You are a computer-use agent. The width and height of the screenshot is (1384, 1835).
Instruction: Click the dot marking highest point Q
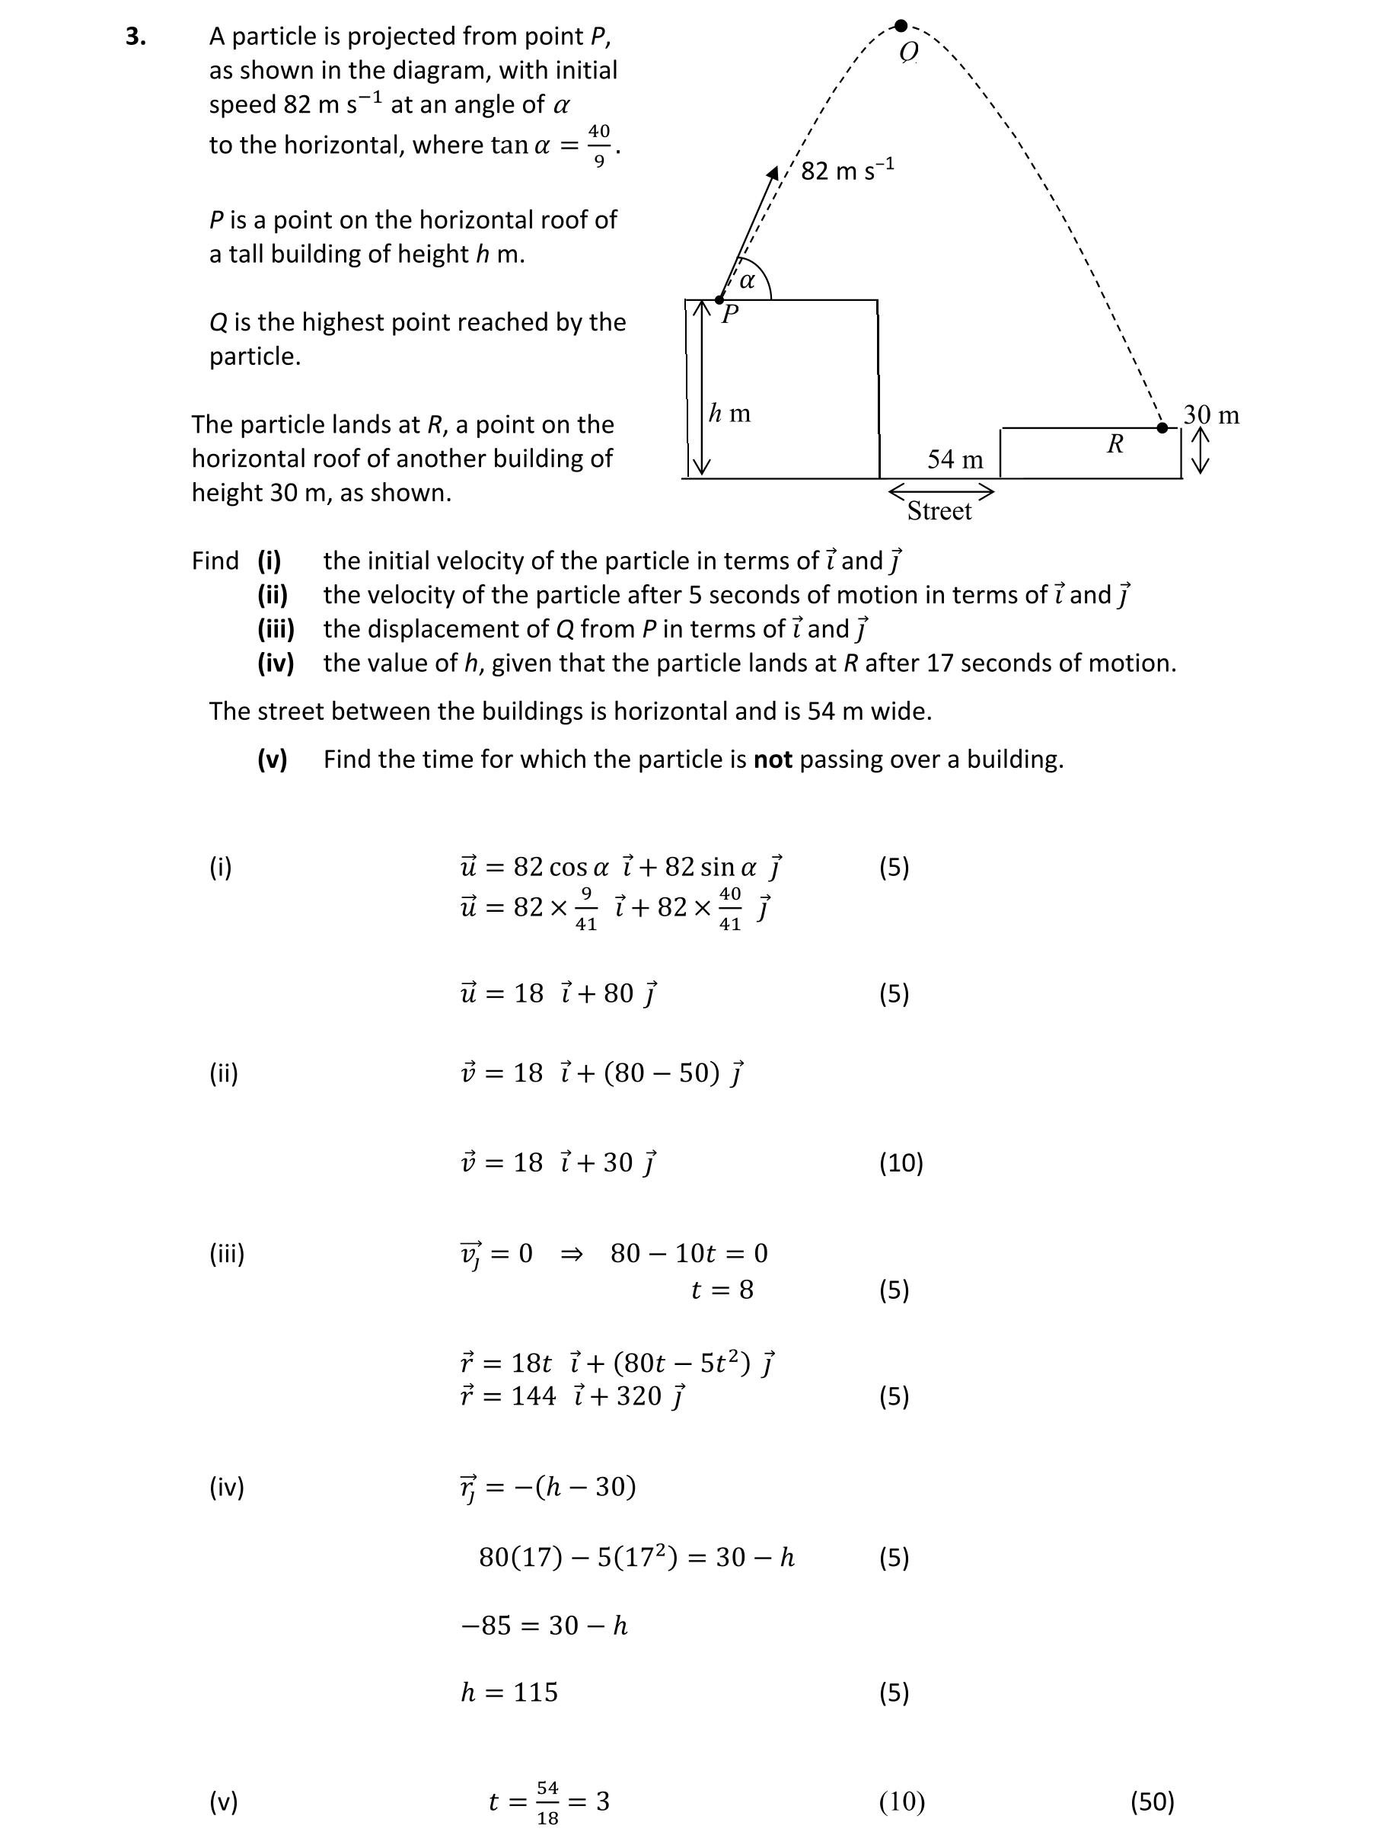point(901,26)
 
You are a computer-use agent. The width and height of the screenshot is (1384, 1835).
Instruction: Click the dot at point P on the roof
point(719,299)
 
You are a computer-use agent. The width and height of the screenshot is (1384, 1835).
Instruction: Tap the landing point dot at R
point(1162,428)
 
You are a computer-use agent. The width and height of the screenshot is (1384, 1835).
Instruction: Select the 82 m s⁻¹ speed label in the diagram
point(847,170)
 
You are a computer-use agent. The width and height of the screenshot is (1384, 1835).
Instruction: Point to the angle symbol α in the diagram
point(747,280)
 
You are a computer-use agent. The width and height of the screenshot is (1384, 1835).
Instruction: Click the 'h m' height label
point(730,412)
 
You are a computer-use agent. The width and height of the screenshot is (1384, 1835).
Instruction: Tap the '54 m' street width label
point(955,459)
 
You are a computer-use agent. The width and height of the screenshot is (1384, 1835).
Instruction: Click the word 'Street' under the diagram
point(939,511)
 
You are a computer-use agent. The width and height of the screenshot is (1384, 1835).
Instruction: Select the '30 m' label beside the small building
point(1210,415)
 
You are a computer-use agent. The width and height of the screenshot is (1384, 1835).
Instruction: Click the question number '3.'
point(136,37)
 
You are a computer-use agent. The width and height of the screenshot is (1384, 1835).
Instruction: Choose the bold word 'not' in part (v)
point(772,759)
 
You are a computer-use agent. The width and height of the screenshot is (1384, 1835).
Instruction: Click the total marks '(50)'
point(1152,1801)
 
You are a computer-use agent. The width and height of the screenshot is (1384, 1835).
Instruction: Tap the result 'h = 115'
point(509,1692)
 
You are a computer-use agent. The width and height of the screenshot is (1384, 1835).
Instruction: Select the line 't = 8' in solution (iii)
point(722,1289)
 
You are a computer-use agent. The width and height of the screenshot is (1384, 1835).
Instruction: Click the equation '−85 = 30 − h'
point(544,1624)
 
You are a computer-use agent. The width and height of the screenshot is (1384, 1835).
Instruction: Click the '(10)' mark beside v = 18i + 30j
point(901,1162)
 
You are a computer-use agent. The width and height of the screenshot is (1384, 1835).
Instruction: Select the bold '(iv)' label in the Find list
point(276,663)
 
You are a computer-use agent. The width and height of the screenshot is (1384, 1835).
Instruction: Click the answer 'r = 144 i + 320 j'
point(573,1395)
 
